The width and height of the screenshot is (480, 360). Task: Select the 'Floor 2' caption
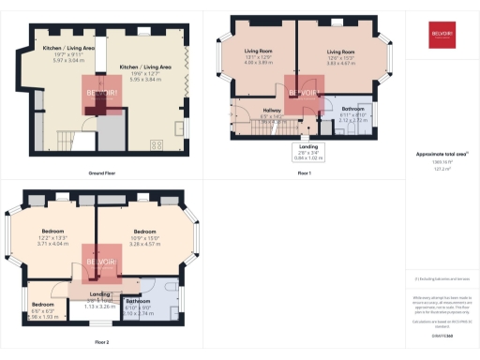click(102, 342)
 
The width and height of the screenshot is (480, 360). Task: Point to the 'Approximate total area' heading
click(440, 153)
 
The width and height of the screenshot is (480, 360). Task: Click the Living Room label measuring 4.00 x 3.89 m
click(259, 57)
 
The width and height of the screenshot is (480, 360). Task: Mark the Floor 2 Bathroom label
click(138, 308)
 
